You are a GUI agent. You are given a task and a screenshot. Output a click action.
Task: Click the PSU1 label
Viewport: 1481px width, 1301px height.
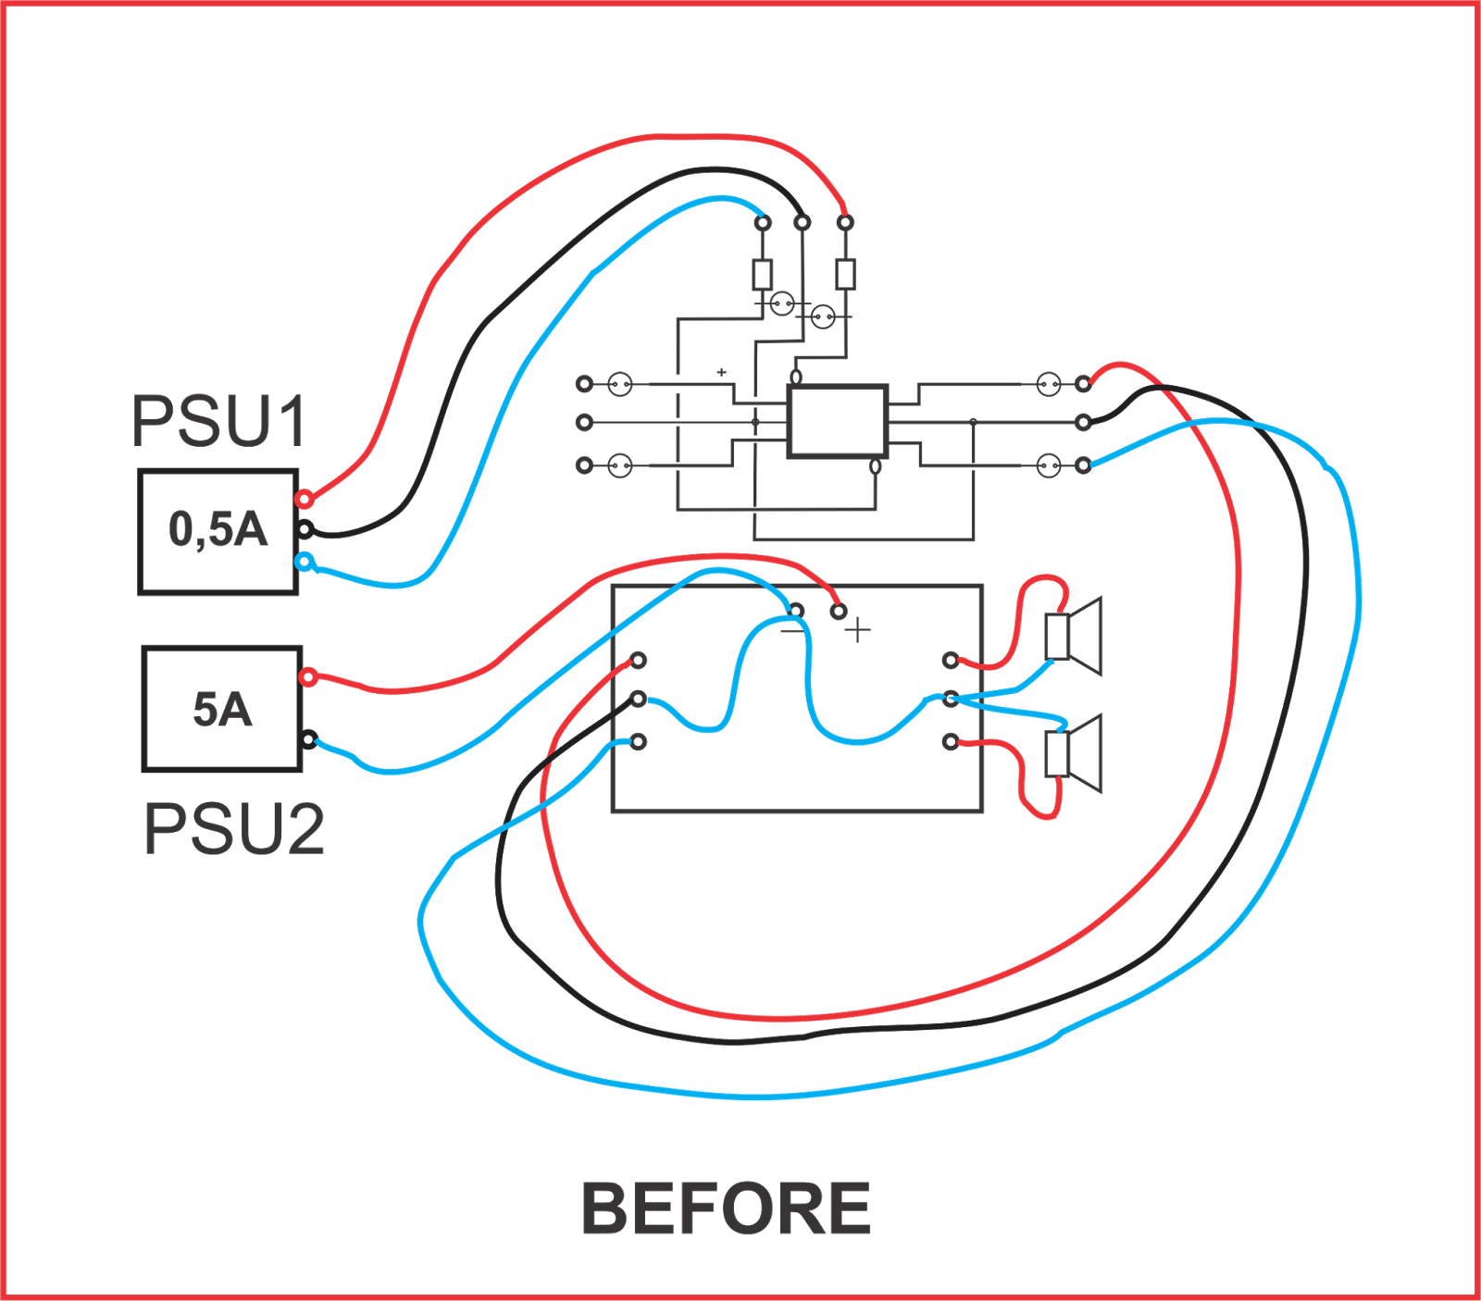click(218, 421)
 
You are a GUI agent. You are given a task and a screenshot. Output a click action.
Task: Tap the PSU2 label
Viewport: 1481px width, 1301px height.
click(234, 829)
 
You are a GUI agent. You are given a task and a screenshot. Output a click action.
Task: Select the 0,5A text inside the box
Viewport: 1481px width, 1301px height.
click(218, 530)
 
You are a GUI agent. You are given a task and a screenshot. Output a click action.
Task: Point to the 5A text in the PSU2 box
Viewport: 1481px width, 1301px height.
click(222, 709)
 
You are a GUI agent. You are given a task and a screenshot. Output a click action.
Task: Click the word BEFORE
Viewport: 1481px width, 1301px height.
click(726, 1209)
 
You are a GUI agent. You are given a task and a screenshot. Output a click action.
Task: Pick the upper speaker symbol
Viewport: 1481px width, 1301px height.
click(1075, 636)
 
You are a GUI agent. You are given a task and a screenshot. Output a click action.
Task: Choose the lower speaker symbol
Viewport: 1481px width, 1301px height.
click(1075, 753)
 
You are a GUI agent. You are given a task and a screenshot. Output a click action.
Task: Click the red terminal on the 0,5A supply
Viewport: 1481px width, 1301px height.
click(304, 500)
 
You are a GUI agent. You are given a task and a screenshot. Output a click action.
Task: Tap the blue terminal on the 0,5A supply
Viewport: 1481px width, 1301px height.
click(304, 561)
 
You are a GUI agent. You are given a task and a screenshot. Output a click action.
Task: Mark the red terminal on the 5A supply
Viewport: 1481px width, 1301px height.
click(308, 677)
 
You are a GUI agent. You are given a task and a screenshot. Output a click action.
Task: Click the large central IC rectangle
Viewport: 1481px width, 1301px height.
click(838, 421)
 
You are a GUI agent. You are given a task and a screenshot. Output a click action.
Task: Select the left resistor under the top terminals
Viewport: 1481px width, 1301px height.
click(763, 274)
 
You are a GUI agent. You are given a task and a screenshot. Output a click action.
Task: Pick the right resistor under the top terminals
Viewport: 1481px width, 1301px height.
click(845, 274)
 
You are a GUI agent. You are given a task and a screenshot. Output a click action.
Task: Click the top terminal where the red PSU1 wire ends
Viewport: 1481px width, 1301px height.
click(845, 222)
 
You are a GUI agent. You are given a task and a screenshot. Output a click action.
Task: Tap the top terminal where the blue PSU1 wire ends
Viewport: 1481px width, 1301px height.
click(763, 222)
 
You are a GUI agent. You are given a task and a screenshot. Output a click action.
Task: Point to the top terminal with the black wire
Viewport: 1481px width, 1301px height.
click(803, 222)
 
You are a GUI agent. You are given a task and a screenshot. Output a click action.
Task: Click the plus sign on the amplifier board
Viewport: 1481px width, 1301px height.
click(858, 631)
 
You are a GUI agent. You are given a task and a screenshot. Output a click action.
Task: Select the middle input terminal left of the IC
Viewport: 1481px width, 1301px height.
click(584, 422)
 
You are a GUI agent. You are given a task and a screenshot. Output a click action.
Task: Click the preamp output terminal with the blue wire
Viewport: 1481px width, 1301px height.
click(1084, 465)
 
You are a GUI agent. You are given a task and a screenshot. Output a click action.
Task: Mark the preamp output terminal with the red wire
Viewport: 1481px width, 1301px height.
click(1084, 383)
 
